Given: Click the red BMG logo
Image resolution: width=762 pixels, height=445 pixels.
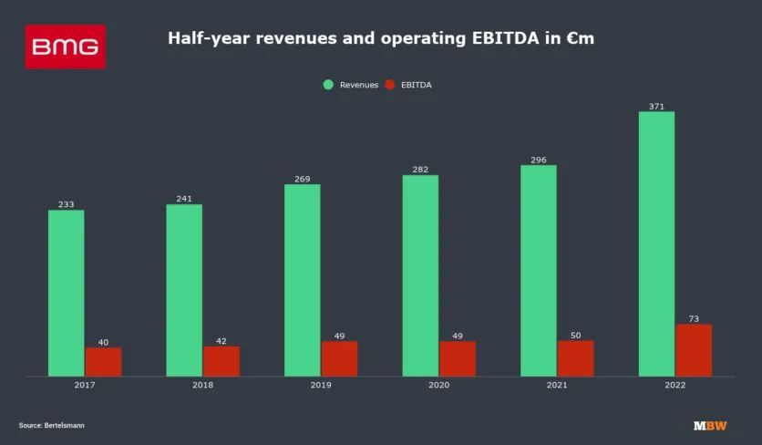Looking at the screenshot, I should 66,47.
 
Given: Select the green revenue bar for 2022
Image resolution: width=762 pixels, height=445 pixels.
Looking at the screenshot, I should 656,243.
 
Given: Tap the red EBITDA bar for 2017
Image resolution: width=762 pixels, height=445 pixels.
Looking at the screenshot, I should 103,361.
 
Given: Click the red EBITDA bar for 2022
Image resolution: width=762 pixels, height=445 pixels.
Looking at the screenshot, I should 694,350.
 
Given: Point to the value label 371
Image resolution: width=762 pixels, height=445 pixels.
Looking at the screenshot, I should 656,107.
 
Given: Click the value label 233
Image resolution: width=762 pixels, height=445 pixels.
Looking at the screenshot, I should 66,204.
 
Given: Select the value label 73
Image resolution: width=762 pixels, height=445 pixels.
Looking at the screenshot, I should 694,318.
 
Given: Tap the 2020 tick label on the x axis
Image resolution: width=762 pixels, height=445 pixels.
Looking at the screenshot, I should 438,386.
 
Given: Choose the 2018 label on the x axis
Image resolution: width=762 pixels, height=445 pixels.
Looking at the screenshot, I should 202,386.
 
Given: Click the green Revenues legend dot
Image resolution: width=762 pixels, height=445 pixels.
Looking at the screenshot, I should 328,85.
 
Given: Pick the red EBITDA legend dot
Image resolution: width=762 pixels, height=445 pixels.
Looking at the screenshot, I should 389,85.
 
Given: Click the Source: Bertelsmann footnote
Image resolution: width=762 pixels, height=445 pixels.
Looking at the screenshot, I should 51,425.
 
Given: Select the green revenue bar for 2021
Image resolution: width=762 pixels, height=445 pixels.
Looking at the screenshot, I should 539,270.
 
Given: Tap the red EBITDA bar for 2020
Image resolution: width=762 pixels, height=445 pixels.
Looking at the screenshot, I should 458,358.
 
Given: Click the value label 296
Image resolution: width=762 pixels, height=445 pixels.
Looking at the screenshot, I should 539,160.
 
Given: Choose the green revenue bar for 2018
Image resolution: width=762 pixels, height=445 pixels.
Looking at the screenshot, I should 184,290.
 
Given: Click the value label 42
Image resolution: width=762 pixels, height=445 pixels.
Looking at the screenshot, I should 221,341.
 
